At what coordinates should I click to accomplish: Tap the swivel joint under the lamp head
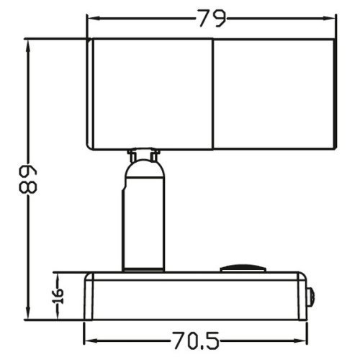click(144, 156)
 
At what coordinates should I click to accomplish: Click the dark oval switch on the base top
click(241, 269)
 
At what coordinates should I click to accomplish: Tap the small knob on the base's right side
click(310, 295)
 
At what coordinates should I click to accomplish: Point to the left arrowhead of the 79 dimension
click(91, 19)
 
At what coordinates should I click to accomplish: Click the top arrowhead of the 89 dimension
click(28, 43)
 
